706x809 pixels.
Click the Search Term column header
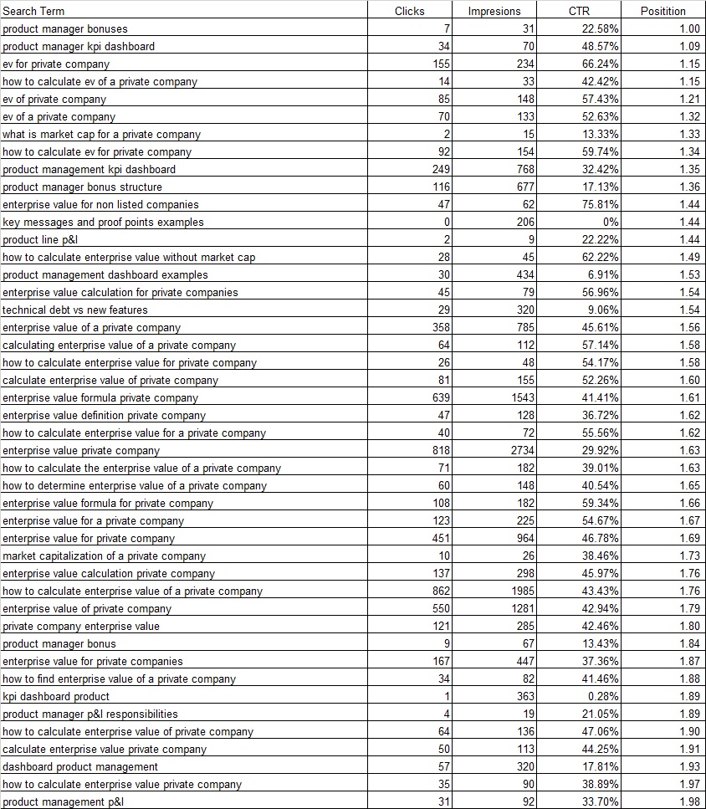tap(33, 11)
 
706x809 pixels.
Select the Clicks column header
tap(409, 11)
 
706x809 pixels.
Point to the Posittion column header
tap(663, 11)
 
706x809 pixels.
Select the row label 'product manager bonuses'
tap(65, 28)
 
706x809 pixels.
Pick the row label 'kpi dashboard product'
tap(56, 696)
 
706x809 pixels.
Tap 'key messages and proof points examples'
tap(103, 222)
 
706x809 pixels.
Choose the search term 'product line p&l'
tap(40, 239)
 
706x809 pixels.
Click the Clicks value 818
tap(441, 450)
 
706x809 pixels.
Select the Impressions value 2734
tap(523, 450)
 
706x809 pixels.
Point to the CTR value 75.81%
tap(600, 204)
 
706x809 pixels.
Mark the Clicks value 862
tap(441, 591)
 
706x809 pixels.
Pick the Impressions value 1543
tap(523, 397)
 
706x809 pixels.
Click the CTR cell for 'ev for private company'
tap(600, 64)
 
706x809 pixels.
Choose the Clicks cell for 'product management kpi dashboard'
tap(441, 169)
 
